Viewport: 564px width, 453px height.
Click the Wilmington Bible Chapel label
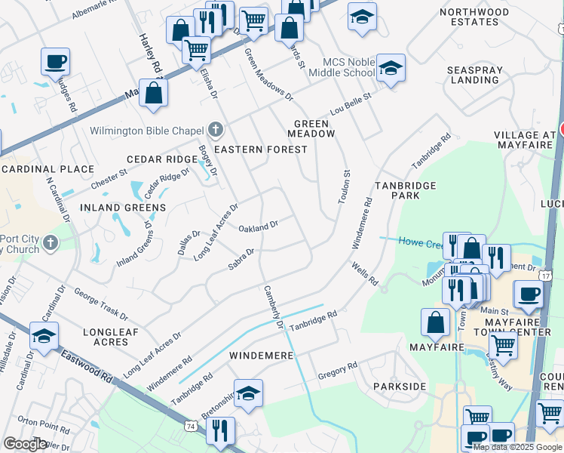click(147, 131)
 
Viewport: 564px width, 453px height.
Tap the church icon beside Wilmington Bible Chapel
click(215, 130)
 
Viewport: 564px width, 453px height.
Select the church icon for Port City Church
click(51, 243)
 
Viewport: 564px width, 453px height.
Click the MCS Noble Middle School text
click(348, 67)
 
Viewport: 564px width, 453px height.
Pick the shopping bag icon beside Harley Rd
click(153, 94)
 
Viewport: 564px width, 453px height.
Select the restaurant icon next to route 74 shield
click(220, 430)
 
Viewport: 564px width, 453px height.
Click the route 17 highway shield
click(546, 277)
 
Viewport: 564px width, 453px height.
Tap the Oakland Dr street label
click(259, 226)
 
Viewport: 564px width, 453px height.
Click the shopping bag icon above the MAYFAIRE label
click(436, 322)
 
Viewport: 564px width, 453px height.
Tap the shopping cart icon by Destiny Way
click(503, 346)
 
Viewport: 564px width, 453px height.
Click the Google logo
click(25, 444)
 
